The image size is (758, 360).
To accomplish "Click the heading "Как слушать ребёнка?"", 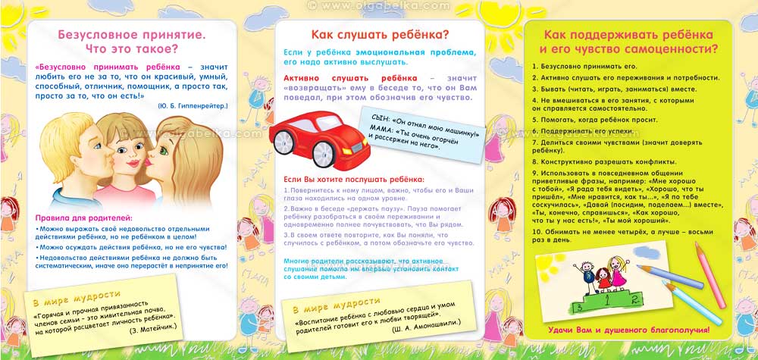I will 380,35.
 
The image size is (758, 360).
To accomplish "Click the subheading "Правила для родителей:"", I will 84,218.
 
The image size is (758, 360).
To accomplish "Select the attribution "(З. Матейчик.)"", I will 156,330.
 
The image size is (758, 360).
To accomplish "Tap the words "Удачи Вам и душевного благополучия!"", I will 628,330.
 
